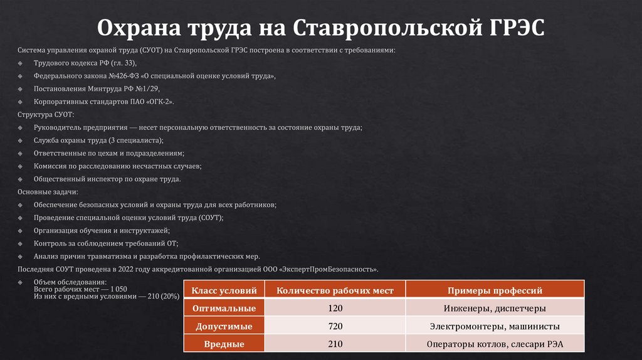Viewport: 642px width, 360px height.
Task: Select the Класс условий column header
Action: (224, 290)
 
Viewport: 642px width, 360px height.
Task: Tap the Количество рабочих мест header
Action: (335, 290)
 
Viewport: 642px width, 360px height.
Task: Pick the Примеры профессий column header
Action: (495, 290)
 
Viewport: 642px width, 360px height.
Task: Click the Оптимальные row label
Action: (224, 309)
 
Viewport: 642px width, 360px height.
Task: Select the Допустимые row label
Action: (224, 326)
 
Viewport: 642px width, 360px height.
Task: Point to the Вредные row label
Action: (224, 344)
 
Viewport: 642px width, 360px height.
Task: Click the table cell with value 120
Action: (335, 309)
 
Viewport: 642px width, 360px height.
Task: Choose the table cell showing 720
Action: (335, 326)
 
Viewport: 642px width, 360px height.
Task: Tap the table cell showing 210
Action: (335, 344)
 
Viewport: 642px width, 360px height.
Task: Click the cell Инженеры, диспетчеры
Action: (495, 309)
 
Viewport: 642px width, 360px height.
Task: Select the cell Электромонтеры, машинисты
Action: (495, 326)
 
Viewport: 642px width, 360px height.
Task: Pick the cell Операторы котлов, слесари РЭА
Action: (495, 344)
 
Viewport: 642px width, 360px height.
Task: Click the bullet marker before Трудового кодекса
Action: (20, 64)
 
